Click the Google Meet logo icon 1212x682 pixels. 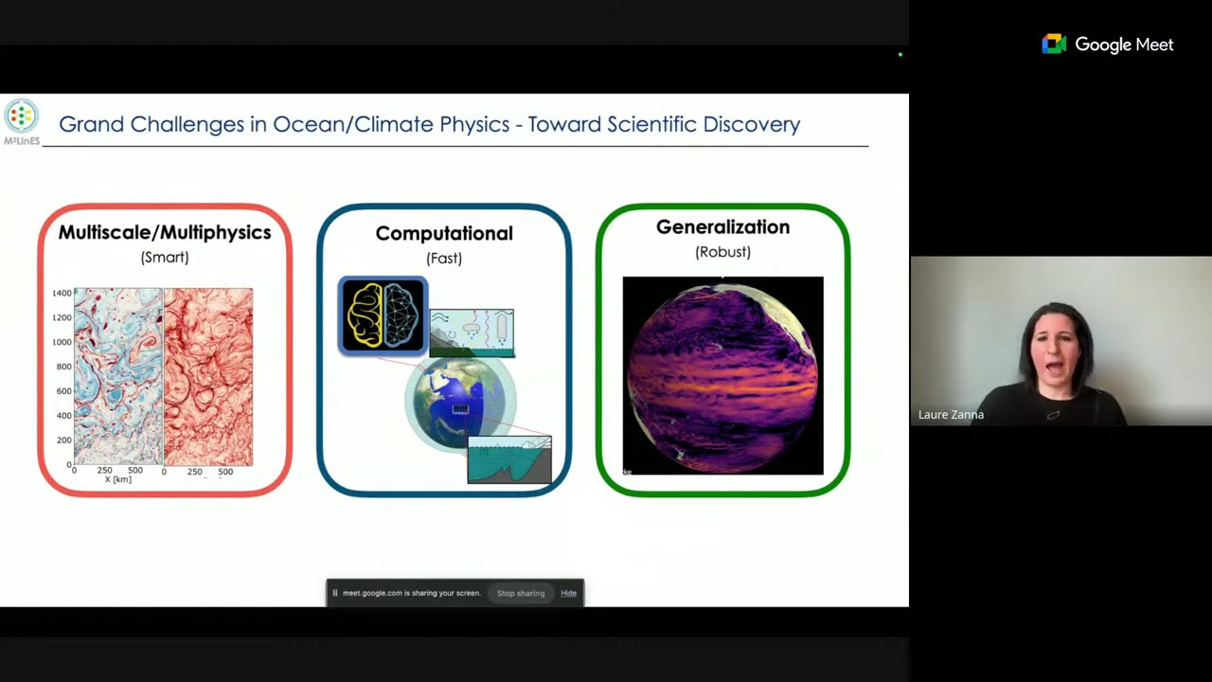1054,45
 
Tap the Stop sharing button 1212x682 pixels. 521,593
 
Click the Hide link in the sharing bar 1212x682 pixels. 568,593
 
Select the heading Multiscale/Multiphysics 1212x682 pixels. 165,232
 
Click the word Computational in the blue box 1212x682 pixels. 444,233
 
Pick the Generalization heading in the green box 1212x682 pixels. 722,227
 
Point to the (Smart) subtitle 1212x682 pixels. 165,257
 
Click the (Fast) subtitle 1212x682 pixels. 444,258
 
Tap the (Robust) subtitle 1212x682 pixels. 722,252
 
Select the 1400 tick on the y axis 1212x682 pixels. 62,294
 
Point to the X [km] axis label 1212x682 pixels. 118,479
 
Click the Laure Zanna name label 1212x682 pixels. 951,415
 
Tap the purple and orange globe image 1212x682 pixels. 722,375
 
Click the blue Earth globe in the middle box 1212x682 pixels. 459,403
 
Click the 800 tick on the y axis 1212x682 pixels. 63,367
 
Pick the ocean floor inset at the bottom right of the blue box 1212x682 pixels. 509,459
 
